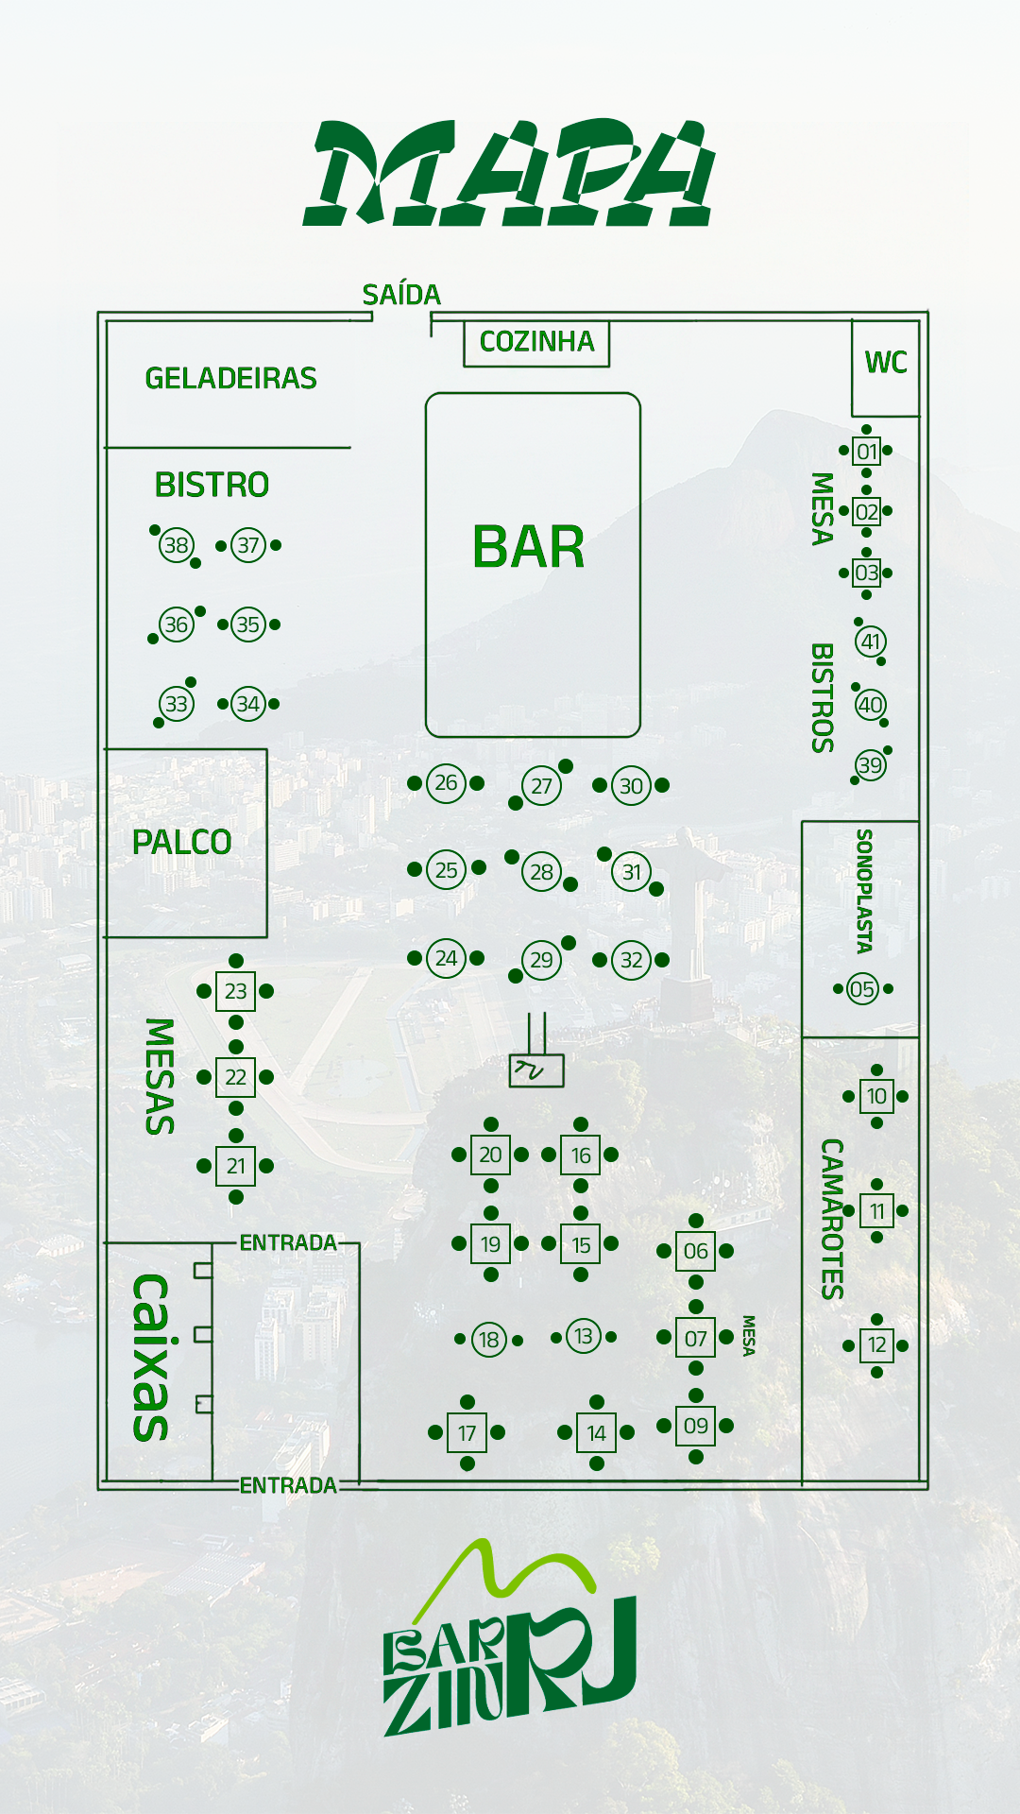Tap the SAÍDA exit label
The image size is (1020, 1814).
coord(401,295)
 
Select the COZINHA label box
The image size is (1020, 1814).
coord(536,342)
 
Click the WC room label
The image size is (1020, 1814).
coord(885,363)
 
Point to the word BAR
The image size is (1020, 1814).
coord(529,548)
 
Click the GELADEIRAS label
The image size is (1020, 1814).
coord(230,379)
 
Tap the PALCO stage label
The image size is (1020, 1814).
coord(182,843)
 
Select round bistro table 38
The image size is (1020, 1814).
coord(177,545)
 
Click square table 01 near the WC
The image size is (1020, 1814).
coord(866,452)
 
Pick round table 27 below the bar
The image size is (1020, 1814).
coord(541,786)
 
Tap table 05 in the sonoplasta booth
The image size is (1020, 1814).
coord(862,989)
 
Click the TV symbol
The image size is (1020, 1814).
coord(535,1070)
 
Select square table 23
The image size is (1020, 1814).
coord(235,991)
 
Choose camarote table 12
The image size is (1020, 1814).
coord(877,1344)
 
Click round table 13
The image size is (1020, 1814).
coord(584,1336)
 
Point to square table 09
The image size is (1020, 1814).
coord(696,1426)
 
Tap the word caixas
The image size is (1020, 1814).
coord(151,1358)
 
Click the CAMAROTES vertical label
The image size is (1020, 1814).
coord(831,1219)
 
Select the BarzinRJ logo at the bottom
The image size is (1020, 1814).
coord(510,1644)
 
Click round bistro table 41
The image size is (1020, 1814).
coord(870,642)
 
